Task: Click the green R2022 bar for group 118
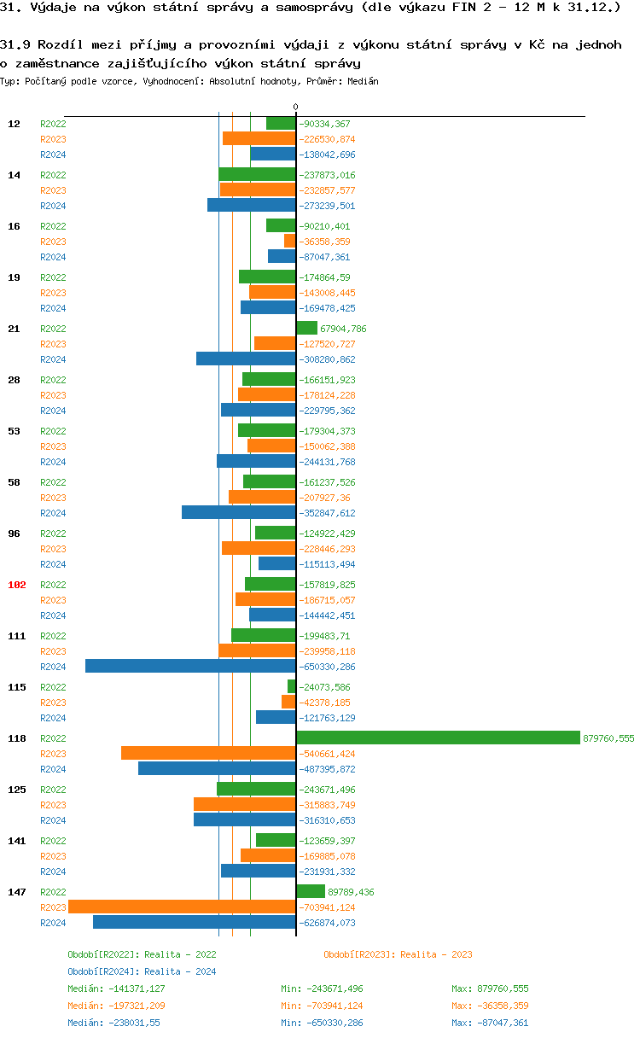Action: coord(439,738)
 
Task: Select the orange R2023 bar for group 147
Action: coord(182,907)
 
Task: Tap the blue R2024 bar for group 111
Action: coord(190,666)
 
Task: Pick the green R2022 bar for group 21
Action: coord(306,328)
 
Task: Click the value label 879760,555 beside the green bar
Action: coord(608,738)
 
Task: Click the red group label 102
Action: coord(17,585)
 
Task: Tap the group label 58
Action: coord(15,482)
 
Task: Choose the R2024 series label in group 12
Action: coord(53,155)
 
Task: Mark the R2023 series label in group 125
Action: coord(53,805)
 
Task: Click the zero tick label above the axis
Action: coord(296,108)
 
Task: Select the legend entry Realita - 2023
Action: coord(398,954)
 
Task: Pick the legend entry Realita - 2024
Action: coord(142,971)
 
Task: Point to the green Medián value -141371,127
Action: coord(116,988)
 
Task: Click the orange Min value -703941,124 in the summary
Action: coord(322,1006)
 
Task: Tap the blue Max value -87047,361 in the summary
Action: coord(491,1023)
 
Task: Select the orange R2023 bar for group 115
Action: coord(288,702)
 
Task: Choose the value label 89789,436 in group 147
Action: coord(351,892)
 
